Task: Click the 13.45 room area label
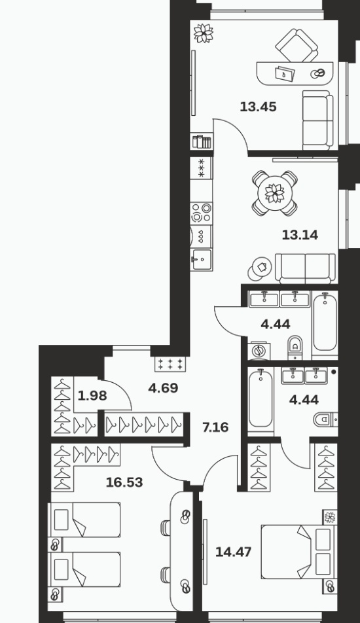pyautogui.click(x=258, y=107)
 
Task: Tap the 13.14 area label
pyautogui.click(x=300, y=235)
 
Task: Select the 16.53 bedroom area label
pyautogui.click(x=124, y=482)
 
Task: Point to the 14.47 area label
pyautogui.click(x=233, y=552)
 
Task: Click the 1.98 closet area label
pyautogui.click(x=92, y=396)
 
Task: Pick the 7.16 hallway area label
pyautogui.click(x=215, y=427)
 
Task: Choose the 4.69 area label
pyautogui.click(x=163, y=388)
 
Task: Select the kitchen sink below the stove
pyautogui.click(x=201, y=260)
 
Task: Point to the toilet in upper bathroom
pyautogui.click(x=295, y=347)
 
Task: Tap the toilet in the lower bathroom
pyautogui.click(x=326, y=419)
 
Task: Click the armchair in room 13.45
pyautogui.click(x=297, y=45)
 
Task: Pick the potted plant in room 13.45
pyautogui.click(x=204, y=33)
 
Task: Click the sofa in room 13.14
pyautogui.click(x=305, y=268)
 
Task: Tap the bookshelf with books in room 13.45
pyautogui.click(x=202, y=141)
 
